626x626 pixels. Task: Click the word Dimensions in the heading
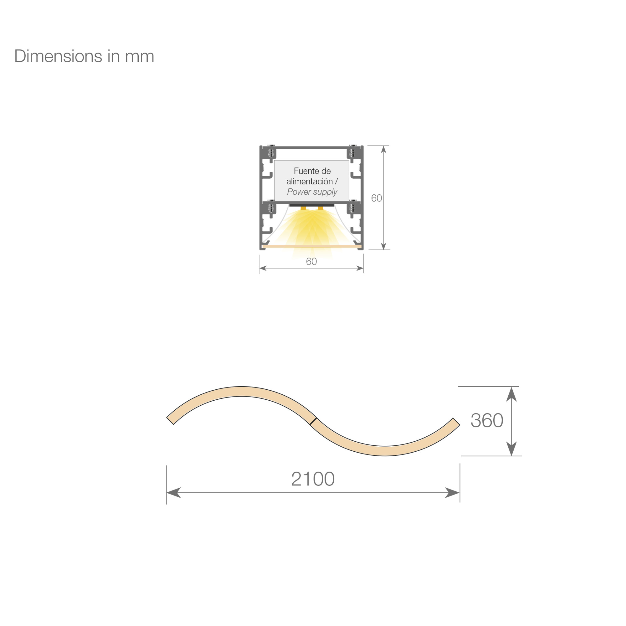pyautogui.click(x=58, y=56)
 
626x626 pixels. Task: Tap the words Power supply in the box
pyautogui.click(x=312, y=192)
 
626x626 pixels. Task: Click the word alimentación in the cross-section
pyautogui.click(x=310, y=181)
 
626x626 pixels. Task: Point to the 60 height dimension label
pyautogui.click(x=377, y=198)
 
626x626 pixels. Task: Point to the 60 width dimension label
pyautogui.click(x=311, y=261)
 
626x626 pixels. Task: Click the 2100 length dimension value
pyautogui.click(x=313, y=479)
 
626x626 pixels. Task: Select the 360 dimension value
pyautogui.click(x=487, y=420)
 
